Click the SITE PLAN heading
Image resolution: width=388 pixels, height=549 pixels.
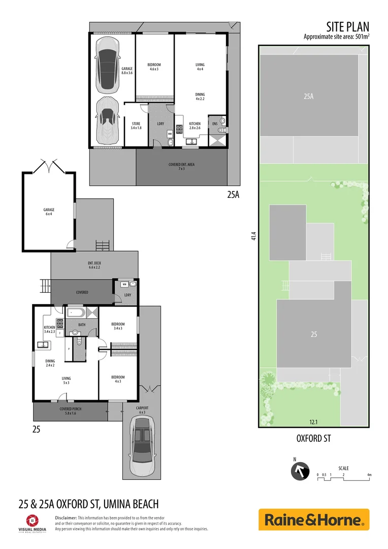(347, 27)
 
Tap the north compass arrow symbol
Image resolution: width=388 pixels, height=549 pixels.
(300, 471)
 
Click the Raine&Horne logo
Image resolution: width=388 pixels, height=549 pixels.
(314, 520)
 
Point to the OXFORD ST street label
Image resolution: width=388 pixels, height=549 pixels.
(313, 438)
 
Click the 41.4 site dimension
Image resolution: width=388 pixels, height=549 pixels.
(253, 237)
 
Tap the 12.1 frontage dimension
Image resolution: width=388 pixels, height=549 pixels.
(313, 421)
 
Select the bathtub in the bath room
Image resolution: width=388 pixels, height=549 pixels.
(76, 313)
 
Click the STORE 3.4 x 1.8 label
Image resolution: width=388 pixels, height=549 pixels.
(136, 126)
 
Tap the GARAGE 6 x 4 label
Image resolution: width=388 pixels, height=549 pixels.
(49, 212)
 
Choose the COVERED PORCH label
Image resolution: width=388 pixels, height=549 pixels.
(71, 411)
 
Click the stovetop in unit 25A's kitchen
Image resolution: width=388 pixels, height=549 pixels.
(179, 128)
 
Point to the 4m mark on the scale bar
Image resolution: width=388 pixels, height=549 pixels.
(370, 475)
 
